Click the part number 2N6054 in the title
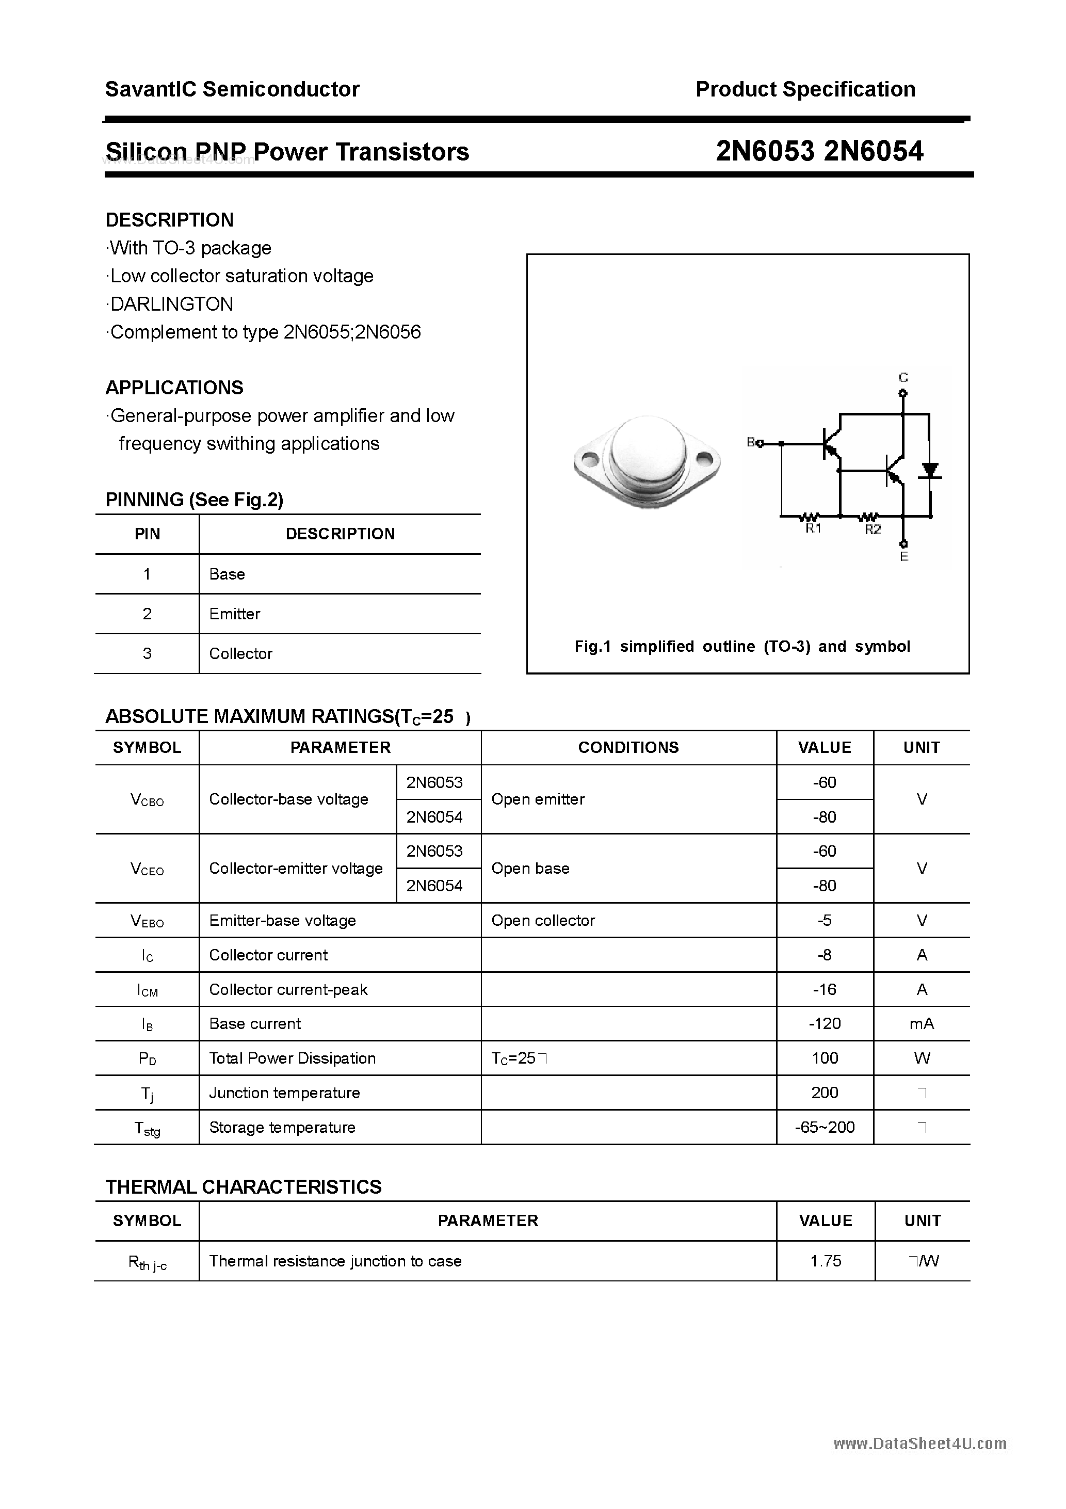click(x=874, y=151)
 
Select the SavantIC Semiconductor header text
click(x=232, y=89)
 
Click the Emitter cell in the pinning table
click(x=235, y=614)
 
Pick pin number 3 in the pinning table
click(x=147, y=653)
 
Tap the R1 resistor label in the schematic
click(x=813, y=529)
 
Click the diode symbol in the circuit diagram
click(x=929, y=471)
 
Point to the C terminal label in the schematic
click(x=903, y=377)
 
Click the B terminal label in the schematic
click(x=751, y=442)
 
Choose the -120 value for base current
click(x=825, y=1023)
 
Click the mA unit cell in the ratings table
click(x=922, y=1023)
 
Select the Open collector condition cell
click(x=543, y=920)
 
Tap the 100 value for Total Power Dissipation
click(x=825, y=1058)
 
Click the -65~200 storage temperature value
click(x=825, y=1127)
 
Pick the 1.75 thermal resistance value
click(x=826, y=1261)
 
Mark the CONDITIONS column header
click(x=628, y=747)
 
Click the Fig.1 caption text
click(x=742, y=646)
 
